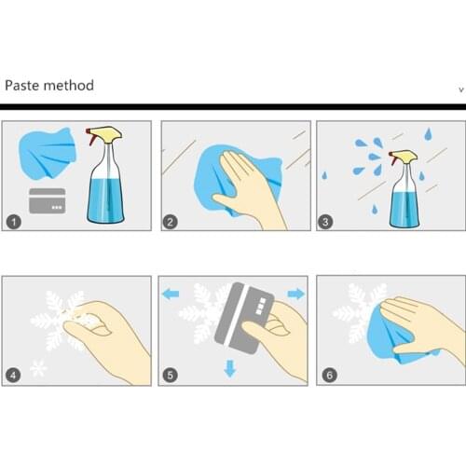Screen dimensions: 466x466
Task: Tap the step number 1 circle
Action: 14,222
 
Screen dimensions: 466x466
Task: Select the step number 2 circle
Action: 170,222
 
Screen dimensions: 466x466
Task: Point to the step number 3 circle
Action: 325,222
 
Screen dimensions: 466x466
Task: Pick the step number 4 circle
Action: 13,376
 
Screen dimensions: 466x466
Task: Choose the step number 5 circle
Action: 171,376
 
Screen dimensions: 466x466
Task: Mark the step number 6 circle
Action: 330,375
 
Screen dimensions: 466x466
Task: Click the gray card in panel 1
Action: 48,200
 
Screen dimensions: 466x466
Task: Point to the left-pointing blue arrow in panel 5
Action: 171,294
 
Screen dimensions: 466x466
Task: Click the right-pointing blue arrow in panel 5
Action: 296,294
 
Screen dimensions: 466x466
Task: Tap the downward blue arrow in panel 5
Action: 230,368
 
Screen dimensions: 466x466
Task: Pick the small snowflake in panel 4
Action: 38,368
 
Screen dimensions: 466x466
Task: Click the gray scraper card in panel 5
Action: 245,318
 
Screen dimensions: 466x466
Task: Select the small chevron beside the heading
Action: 461,90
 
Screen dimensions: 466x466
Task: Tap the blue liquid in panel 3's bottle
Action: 404,208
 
